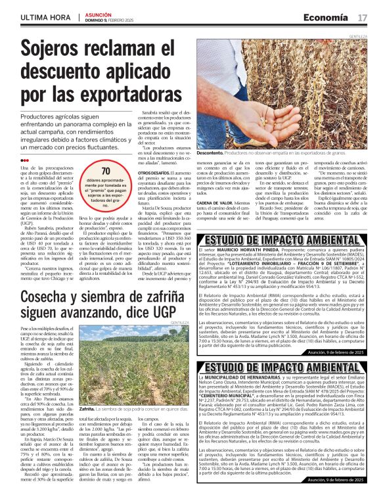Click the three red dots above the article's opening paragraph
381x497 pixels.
[24, 159]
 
